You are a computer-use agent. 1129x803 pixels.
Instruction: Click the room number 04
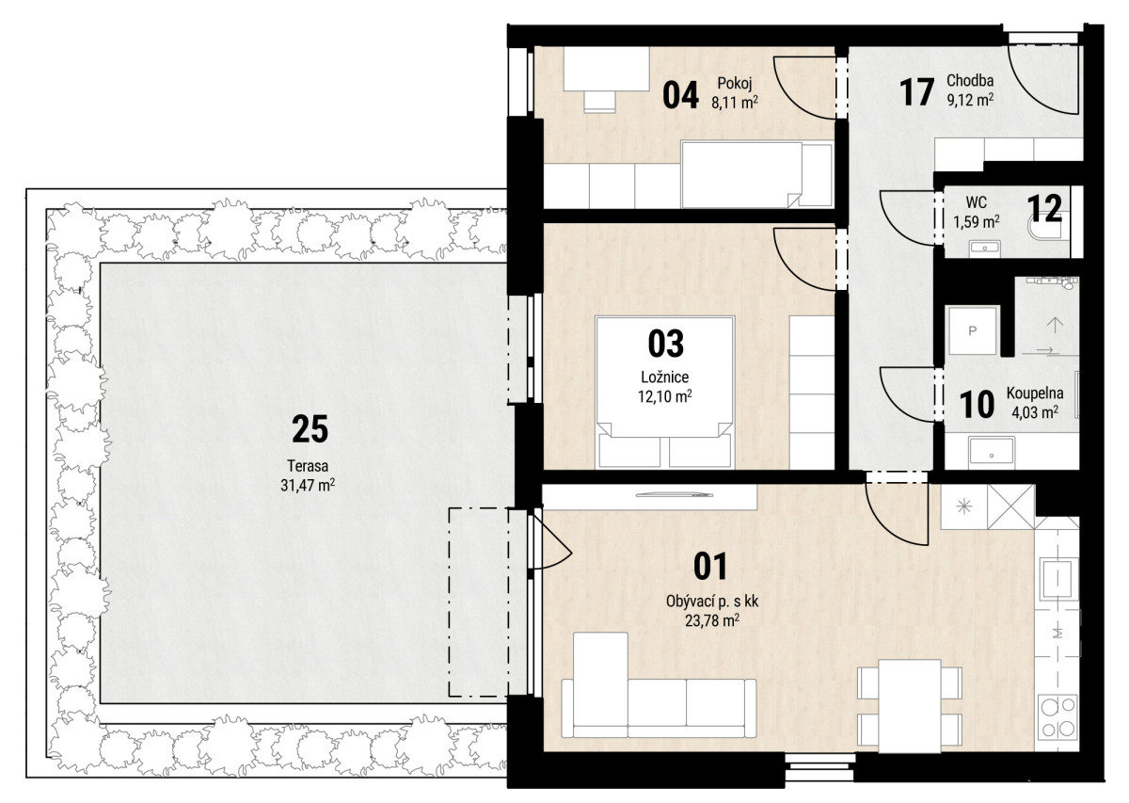(x=680, y=95)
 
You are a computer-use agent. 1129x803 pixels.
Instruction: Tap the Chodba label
(x=970, y=80)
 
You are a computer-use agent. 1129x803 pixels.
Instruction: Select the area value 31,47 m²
(x=308, y=485)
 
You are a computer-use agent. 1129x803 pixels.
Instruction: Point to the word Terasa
(x=308, y=465)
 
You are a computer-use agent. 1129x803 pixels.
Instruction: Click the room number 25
(x=310, y=429)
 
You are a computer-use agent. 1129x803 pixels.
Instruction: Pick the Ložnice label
(x=665, y=377)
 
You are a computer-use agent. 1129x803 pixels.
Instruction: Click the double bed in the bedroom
(x=665, y=392)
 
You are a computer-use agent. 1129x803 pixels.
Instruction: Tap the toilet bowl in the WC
(x=1048, y=230)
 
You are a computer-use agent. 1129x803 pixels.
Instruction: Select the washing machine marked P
(x=972, y=330)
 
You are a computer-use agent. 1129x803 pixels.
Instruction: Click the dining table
(x=909, y=706)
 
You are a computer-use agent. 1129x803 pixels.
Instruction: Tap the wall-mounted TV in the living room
(x=675, y=495)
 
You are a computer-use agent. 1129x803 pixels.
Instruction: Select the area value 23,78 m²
(x=711, y=620)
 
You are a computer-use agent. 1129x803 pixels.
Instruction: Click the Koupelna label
(x=1035, y=393)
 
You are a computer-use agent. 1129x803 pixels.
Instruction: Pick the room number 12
(x=1044, y=208)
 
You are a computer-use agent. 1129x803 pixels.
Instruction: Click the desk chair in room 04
(x=600, y=102)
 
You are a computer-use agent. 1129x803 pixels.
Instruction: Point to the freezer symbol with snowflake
(x=964, y=506)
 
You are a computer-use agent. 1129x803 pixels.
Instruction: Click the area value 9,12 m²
(x=970, y=100)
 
